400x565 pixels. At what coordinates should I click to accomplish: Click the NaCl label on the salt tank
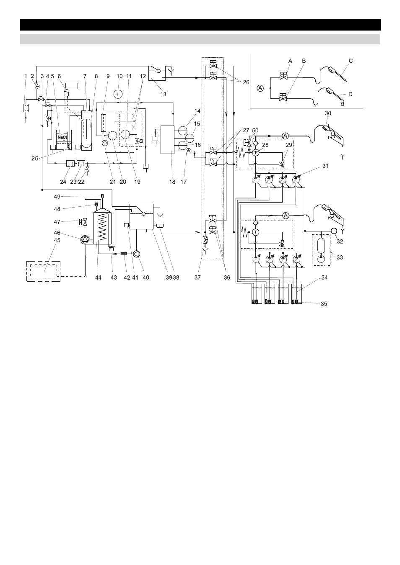(x=62, y=137)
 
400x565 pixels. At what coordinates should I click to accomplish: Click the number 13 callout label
(x=163, y=94)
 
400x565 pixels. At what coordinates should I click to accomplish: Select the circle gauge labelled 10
(x=118, y=94)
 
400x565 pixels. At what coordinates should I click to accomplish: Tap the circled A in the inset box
(x=260, y=88)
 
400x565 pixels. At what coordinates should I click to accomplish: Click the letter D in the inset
(x=350, y=94)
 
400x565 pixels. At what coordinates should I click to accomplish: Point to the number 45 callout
(x=57, y=240)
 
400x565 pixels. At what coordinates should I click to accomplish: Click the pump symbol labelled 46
(x=85, y=240)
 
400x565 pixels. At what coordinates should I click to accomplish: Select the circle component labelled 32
(x=334, y=231)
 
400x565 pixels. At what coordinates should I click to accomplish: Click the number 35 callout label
(x=324, y=304)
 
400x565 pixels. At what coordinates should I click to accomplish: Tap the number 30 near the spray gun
(x=328, y=113)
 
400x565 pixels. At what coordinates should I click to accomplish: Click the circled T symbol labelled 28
(x=256, y=152)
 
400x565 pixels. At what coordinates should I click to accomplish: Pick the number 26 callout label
(x=246, y=82)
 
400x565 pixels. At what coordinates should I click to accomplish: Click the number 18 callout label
(x=172, y=182)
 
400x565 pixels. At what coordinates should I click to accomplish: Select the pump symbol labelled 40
(x=137, y=254)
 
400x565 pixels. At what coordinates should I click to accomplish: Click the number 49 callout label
(x=57, y=196)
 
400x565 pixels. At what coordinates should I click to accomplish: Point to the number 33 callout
(x=340, y=257)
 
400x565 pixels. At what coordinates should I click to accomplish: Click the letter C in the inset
(x=351, y=61)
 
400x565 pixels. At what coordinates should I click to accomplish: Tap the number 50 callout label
(x=255, y=131)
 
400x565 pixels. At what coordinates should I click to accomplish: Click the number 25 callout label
(x=35, y=158)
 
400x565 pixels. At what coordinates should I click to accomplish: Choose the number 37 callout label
(x=197, y=277)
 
